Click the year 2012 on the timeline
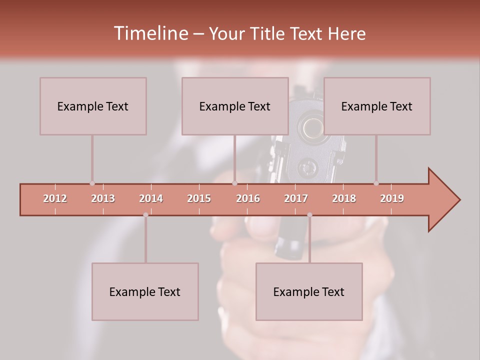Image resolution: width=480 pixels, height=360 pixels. tap(55, 198)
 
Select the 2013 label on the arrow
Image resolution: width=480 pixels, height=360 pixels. tap(103, 198)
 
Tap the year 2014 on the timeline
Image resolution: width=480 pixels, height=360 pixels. tap(151, 198)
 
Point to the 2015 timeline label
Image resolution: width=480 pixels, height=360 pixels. tap(199, 198)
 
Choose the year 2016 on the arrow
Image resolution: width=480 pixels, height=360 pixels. tap(248, 198)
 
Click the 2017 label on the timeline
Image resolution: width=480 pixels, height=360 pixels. tap(296, 198)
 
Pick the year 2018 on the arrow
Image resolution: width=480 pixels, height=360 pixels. tap(344, 198)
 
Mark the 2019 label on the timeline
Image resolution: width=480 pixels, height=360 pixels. tap(392, 198)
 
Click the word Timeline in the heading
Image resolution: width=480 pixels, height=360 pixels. tap(150, 33)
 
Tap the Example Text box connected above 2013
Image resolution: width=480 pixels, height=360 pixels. tap(93, 106)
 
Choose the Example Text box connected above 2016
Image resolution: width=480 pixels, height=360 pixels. tap(235, 106)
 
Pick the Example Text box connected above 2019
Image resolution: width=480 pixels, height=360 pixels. tap(377, 106)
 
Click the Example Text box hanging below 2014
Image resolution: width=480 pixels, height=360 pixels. tap(145, 291)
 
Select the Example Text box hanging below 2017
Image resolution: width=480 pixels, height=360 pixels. tap(309, 291)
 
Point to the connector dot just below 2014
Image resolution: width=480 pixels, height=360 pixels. tap(145, 215)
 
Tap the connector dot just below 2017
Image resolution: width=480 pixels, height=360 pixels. tap(309, 215)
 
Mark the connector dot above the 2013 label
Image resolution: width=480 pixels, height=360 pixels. tap(92, 183)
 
